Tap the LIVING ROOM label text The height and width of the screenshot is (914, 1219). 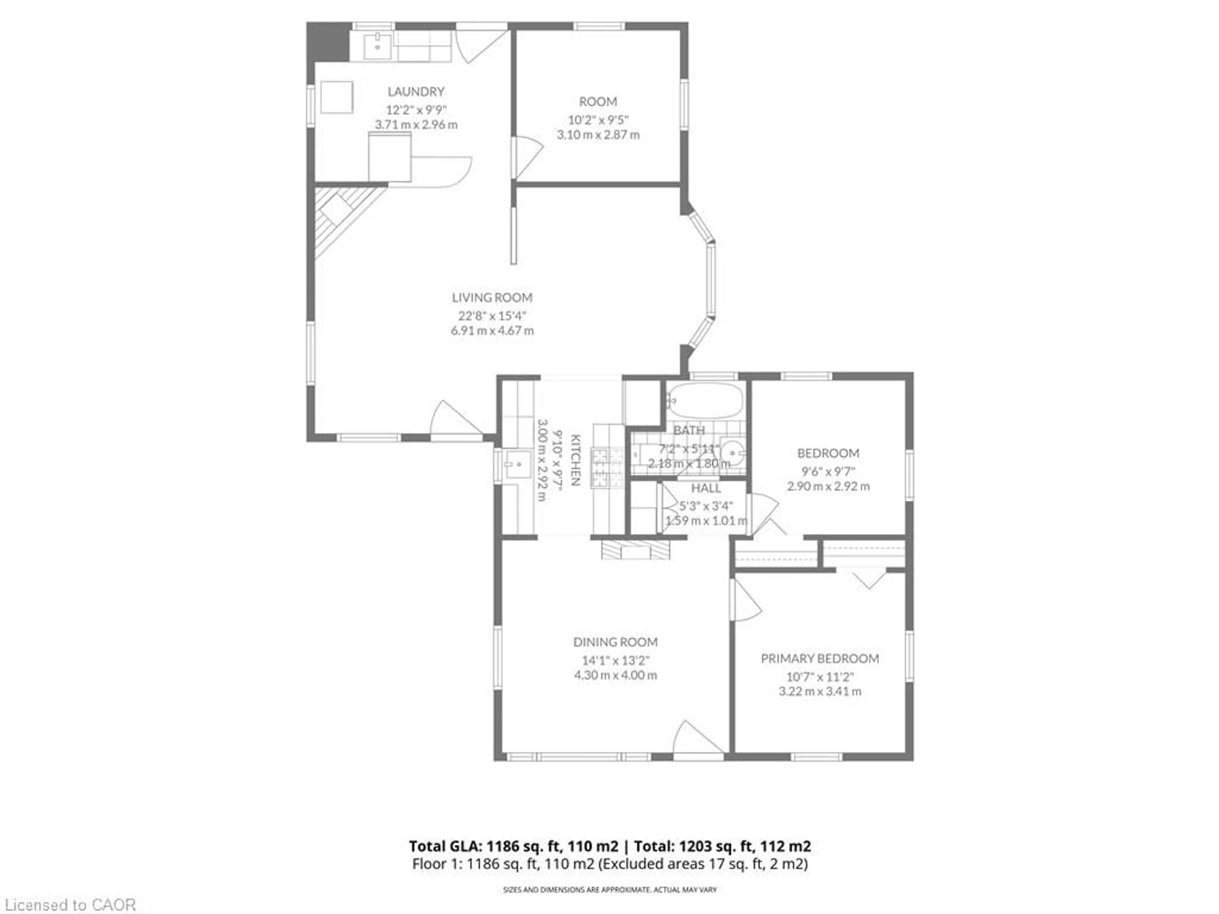pyautogui.click(x=492, y=297)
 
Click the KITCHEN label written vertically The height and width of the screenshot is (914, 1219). pyautogui.click(x=575, y=460)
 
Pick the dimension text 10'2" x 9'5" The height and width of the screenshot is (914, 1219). pyautogui.click(x=598, y=120)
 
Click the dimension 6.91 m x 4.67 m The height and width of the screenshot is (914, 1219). pyautogui.click(x=492, y=331)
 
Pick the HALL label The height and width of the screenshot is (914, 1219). pyautogui.click(x=706, y=488)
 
